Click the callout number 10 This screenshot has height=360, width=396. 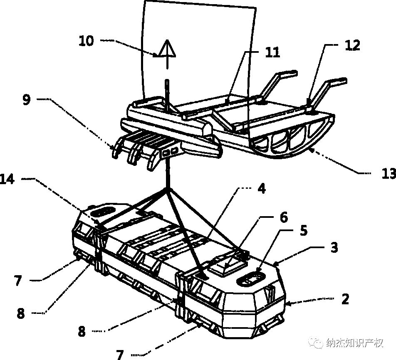(87, 42)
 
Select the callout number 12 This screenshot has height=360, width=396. (352, 45)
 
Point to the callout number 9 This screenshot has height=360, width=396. (27, 100)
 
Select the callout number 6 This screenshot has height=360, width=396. (283, 217)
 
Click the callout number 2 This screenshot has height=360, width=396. (345, 298)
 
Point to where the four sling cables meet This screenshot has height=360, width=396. (168, 189)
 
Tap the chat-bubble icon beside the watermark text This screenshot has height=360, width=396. (318, 343)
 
